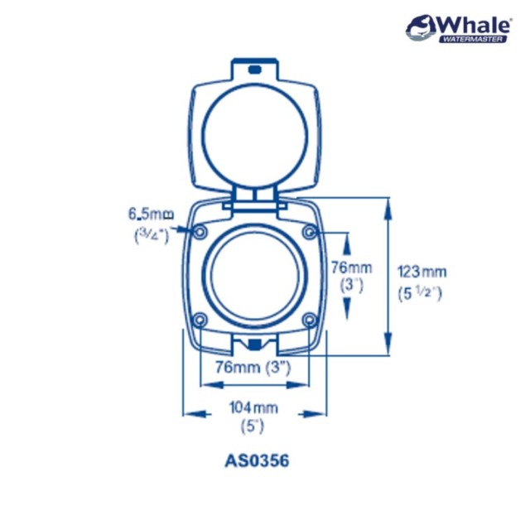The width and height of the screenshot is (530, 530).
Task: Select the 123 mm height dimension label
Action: [x=422, y=271]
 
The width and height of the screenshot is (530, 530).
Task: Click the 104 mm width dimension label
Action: [x=254, y=407]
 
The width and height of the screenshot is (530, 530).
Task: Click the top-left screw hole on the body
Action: [x=200, y=231]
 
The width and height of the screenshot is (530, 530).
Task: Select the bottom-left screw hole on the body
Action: [x=199, y=320]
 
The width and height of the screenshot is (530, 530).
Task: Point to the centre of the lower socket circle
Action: [x=254, y=275]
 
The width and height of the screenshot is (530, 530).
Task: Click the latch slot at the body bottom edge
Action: [x=254, y=343]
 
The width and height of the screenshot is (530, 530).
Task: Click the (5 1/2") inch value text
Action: [x=421, y=292]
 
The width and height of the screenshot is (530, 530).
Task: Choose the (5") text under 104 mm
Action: [x=252, y=427]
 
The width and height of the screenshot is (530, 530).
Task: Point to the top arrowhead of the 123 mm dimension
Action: [x=388, y=204]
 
